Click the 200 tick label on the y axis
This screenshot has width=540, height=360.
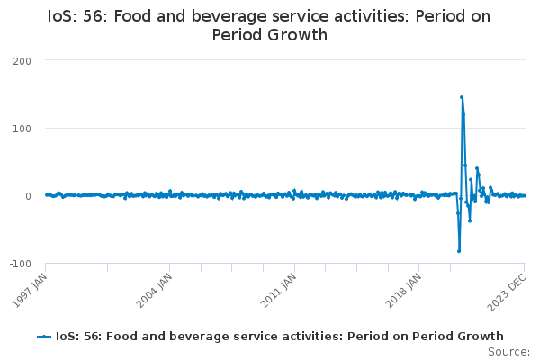tap(22, 61)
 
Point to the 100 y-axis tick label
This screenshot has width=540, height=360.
tap(22, 129)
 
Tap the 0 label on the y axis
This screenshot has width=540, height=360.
tap(28, 196)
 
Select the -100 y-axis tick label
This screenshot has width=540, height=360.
tap(21, 264)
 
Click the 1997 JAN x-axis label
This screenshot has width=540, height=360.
tap(31, 290)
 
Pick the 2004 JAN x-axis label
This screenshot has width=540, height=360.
tap(154, 290)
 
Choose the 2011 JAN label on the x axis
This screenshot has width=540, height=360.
tap(279, 290)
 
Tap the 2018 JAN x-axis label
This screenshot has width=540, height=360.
tap(403, 290)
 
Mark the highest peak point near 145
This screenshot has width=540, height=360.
tap(462, 97)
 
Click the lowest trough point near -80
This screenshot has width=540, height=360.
tap(459, 251)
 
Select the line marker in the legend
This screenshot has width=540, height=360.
tap(44, 337)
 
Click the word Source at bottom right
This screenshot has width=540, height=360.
tap(508, 352)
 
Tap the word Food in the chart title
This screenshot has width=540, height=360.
tap(132, 16)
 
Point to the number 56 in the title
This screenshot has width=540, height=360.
tap(94, 16)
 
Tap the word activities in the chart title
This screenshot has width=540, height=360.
tap(371, 16)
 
